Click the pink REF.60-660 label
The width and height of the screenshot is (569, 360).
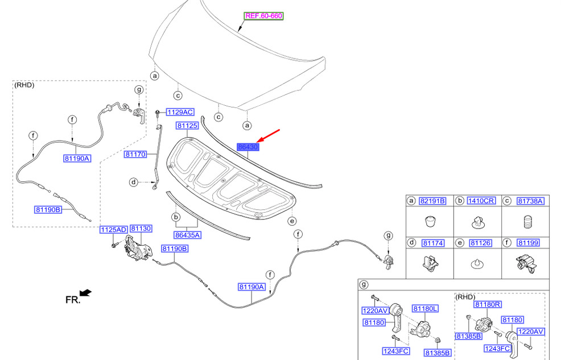pyautogui.click(x=263, y=15)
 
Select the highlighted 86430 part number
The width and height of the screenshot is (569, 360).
pyautogui.click(x=248, y=147)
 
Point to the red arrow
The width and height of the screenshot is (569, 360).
pyautogui.click(x=268, y=135)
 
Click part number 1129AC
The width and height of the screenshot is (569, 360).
pyautogui.click(x=180, y=113)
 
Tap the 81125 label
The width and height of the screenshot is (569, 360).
pyautogui.click(x=187, y=126)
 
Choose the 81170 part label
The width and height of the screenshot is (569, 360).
pyautogui.click(x=135, y=155)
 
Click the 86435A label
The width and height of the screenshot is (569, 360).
pyautogui.click(x=188, y=235)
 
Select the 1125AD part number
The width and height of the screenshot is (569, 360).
pyautogui.click(x=114, y=230)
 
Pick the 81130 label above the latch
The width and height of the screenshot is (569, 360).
pyautogui.click(x=141, y=229)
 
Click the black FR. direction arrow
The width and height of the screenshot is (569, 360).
pyautogui.click(x=86, y=292)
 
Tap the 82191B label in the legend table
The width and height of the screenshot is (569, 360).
pyautogui.click(x=432, y=201)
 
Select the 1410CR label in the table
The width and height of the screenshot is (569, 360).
pyautogui.click(x=481, y=201)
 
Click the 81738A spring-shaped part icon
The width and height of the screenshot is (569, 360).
pyautogui.click(x=528, y=222)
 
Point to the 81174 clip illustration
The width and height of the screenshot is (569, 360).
pyautogui.click(x=431, y=263)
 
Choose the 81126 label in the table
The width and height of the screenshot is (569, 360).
pyautogui.click(x=480, y=242)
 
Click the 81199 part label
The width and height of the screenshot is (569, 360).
pyautogui.click(x=529, y=242)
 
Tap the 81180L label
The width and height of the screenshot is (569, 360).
pyautogui.click(x=425, y=308)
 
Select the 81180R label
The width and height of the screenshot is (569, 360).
pyautogui.click(x=488, y=304)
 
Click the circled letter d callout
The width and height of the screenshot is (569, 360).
pyautogui.click(x=134, y=182)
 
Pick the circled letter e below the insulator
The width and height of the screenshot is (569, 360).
pyautogui.click(x=292, y=221)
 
